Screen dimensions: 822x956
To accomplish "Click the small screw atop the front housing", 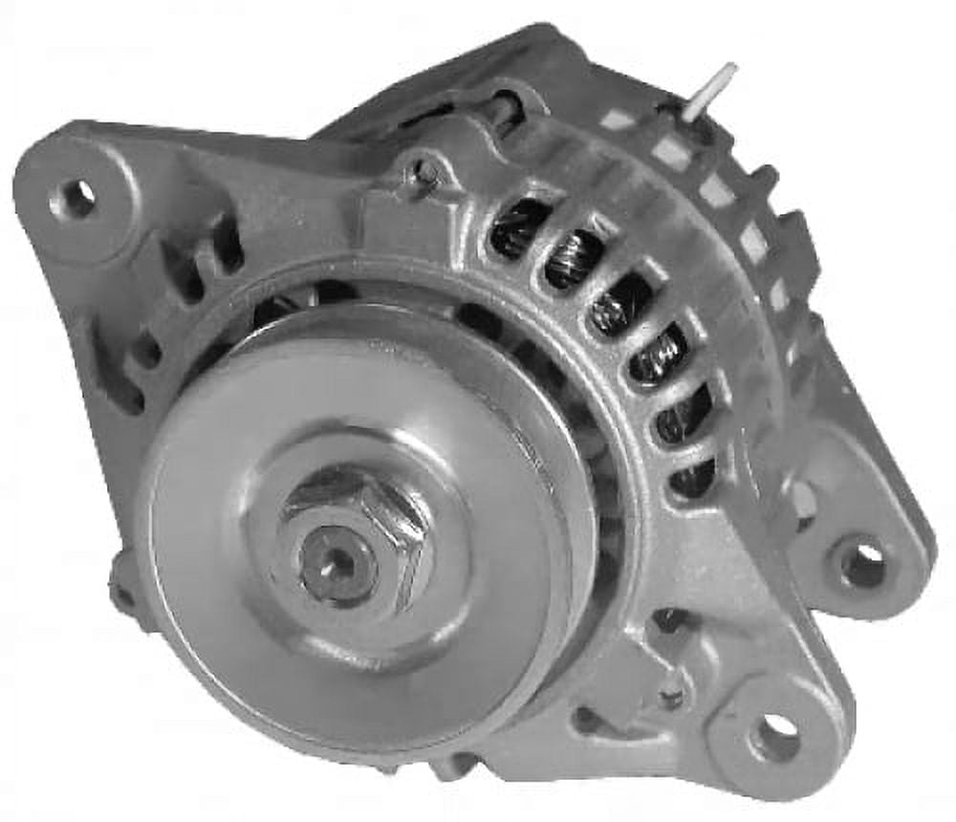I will (425, 173).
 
